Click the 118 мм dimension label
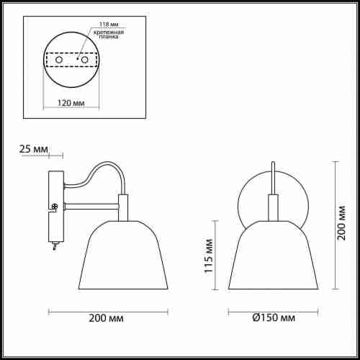point(109,24)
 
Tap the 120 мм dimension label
point(71,103)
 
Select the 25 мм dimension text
point(34,149)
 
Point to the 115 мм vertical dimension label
point(208,256)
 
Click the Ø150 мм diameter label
point(274,318)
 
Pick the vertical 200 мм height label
point(341,223)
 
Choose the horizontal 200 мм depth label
point(107,318)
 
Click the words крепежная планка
point(109,35)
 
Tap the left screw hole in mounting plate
point(59,60)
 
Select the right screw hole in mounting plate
point(85,60)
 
